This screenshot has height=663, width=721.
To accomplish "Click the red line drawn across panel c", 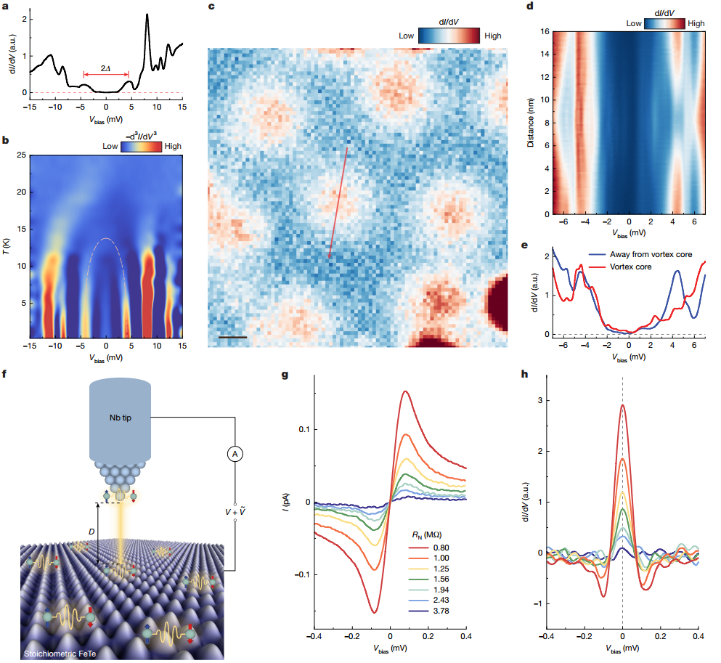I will tap(338, 203).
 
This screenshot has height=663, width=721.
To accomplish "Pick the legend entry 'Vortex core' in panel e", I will tap(630, 267).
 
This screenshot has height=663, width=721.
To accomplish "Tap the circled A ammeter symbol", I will tap(235, 454).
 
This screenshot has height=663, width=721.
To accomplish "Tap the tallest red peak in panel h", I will tap(622, 406).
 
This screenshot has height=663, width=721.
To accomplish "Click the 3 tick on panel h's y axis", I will tap(538, 399).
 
